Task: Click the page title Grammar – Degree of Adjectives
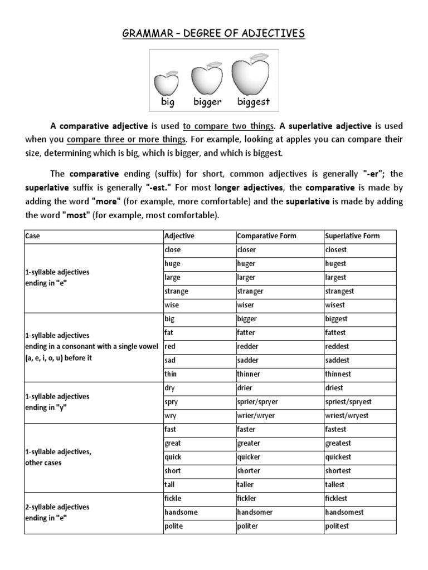coord(213,35)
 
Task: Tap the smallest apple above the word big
coord(166,83)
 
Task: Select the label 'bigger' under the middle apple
coord(207,102)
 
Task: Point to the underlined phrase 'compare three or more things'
coord(127,139)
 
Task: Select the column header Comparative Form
coord(267,236)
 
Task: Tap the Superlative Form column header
coord(352,236)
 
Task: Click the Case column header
coord(33,236)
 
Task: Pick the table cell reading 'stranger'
coord(250,291)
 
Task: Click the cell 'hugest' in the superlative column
coord(335,264)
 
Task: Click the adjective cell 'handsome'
coord(181,512)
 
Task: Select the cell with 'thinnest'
coord(338,374)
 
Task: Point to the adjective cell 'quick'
coord(173,457)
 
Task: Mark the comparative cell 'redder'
coord(248,347)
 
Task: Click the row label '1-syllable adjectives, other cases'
coord(58,457)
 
